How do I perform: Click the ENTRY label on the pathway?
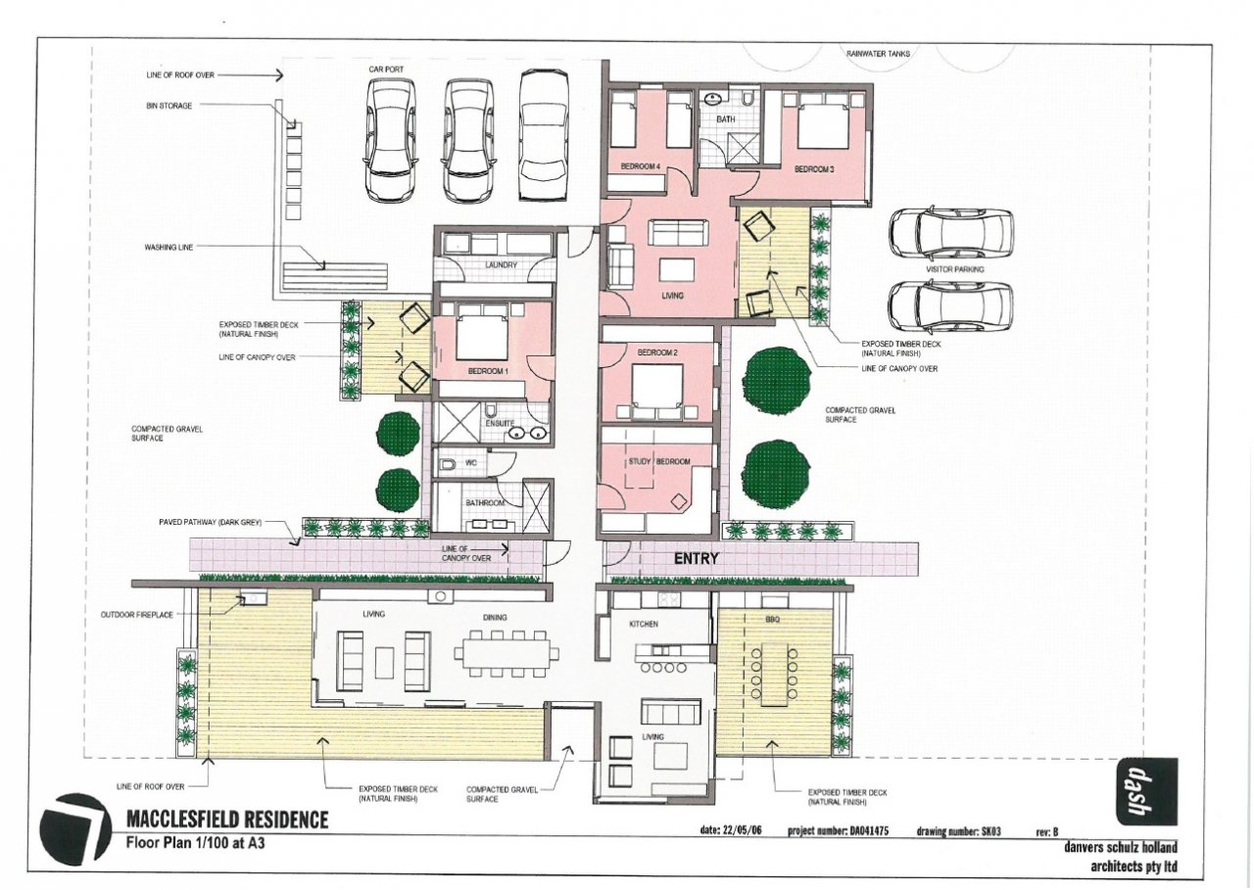coord(696,558)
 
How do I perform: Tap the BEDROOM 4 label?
coord(641,166)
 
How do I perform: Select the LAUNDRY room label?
coord(501,264)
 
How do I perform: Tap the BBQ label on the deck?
coord(772,620)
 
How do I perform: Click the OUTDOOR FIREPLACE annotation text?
coord(136,615)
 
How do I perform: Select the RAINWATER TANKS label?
coord(878,54)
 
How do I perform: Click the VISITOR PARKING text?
coord(954,269)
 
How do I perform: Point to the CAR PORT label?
coord(386,70)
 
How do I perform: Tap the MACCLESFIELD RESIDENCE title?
coord(227,820)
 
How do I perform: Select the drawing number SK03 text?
coord(958,831)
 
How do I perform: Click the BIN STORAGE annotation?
coord(169,105)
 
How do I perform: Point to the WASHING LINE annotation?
coord(169,247)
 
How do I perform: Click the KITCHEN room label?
coord(644,624)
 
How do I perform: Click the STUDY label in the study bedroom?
coord(640,461)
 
